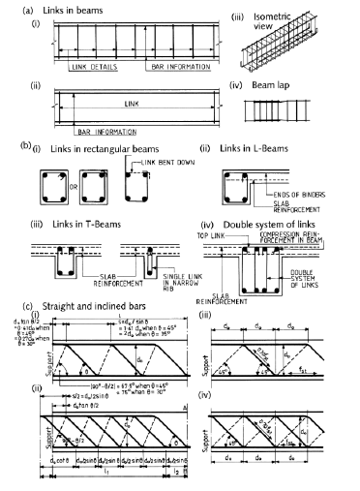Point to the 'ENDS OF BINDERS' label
tap(296, 197)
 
